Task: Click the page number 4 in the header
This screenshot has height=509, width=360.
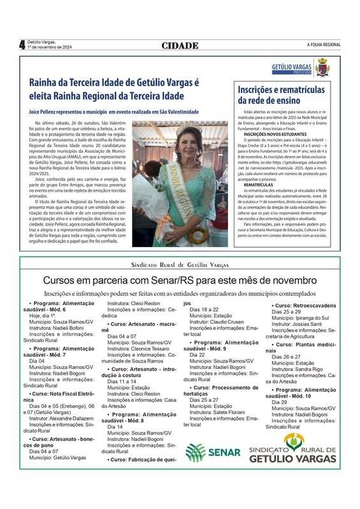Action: tap(22, 45)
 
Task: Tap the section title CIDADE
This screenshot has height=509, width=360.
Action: tap(180, 45)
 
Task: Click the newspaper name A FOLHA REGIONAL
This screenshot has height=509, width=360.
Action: tap(323, 45)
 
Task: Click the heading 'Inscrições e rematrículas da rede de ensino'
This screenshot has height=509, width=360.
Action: tap(281, 95)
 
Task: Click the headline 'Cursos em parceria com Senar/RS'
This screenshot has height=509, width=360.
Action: tap(180, 280)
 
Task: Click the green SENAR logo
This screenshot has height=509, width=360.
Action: tap(213, 452)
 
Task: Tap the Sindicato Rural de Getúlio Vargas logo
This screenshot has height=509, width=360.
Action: tap(292, 449)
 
